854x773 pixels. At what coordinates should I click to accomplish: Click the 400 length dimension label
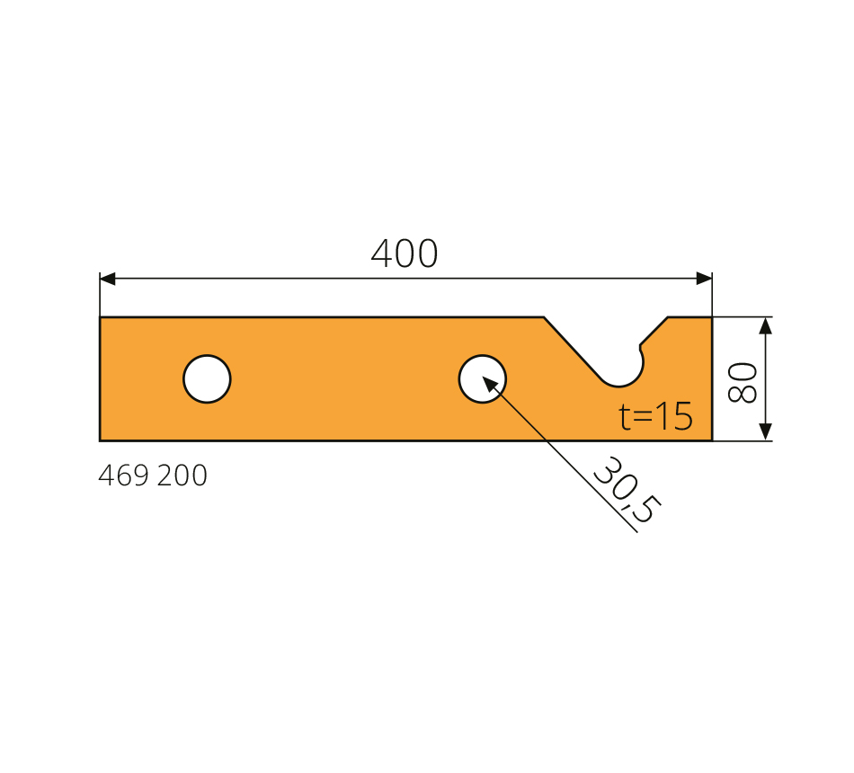405,253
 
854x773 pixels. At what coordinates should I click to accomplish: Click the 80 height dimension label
743,382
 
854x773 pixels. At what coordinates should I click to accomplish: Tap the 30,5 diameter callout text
627,490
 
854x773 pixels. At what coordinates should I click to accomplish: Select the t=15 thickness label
655,417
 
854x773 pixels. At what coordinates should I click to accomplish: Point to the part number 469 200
153,475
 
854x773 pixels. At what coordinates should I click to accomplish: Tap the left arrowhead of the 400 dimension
107,279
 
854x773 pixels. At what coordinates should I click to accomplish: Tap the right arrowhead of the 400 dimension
704,279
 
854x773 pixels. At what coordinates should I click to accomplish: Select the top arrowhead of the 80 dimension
765,325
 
